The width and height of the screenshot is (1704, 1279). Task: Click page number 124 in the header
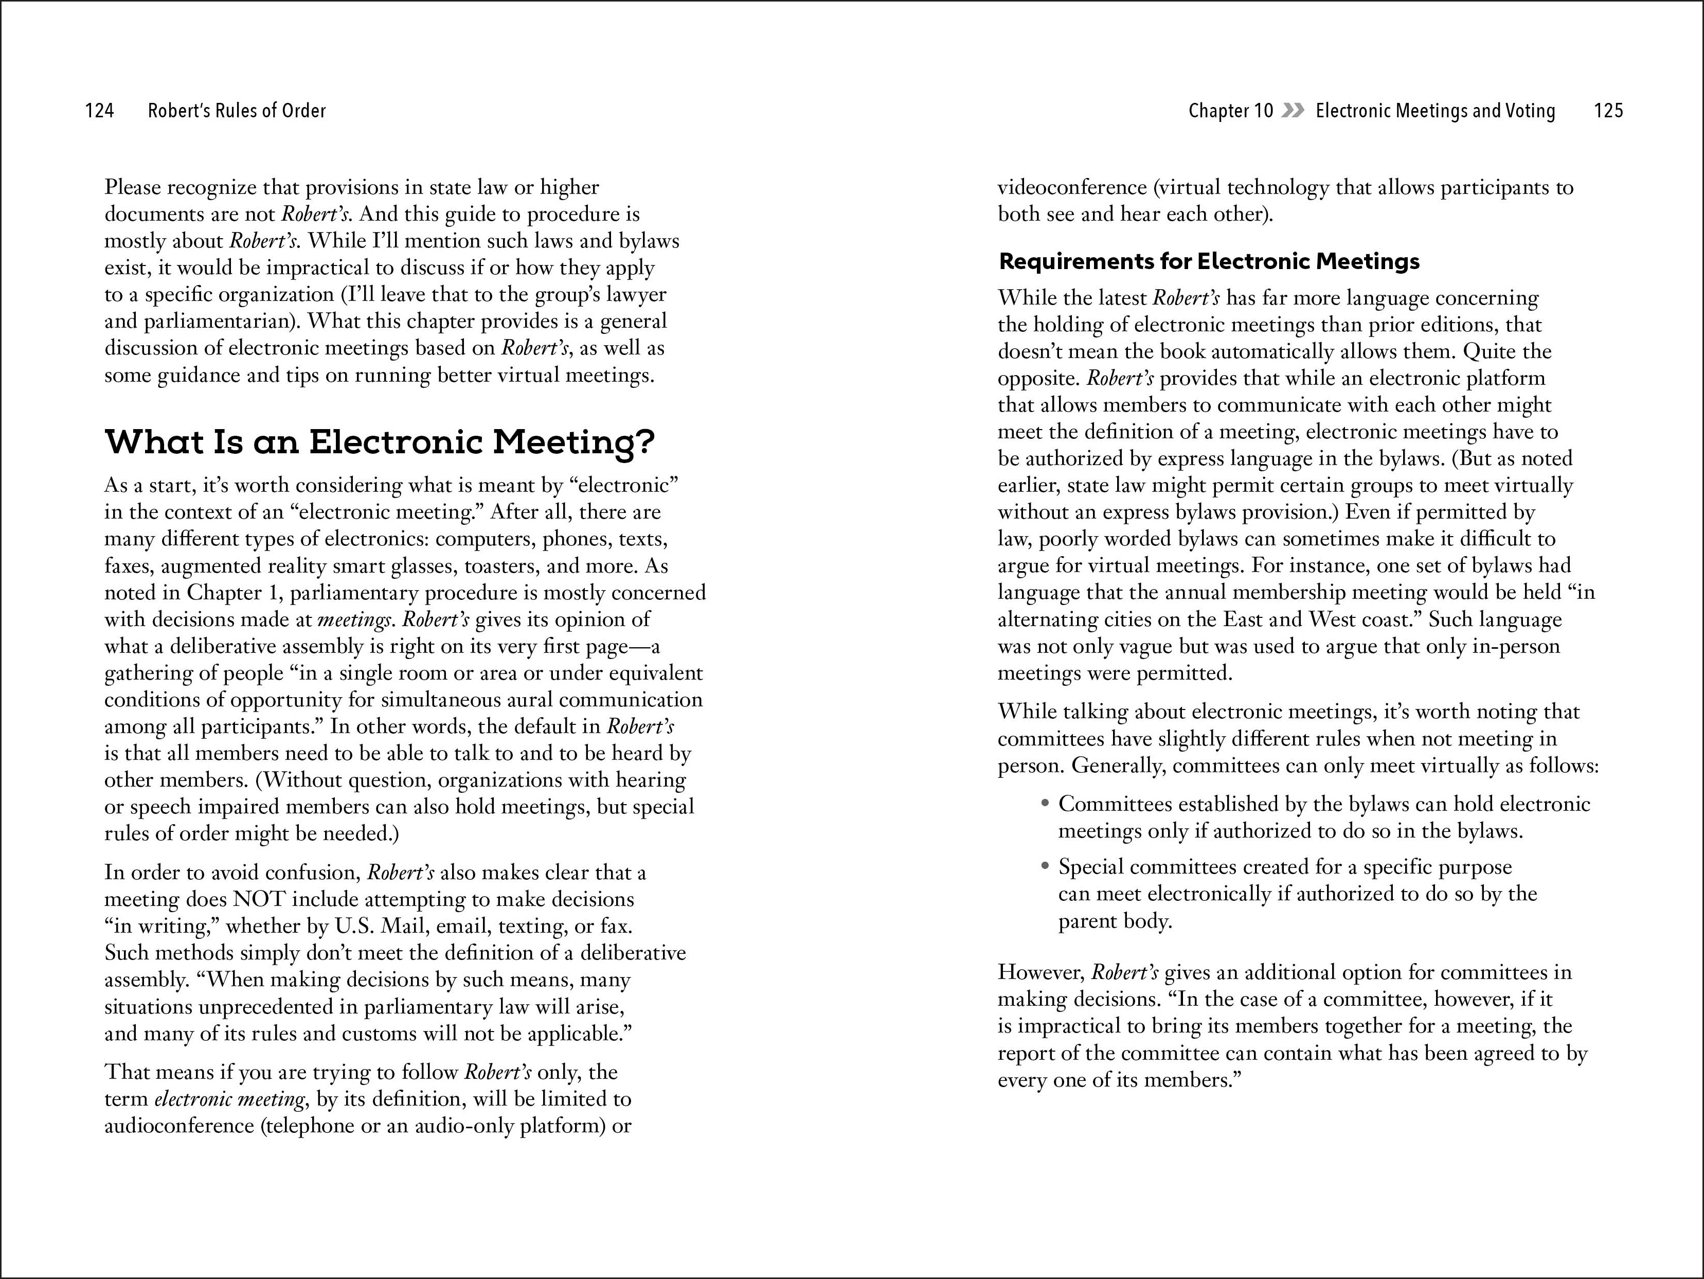click(99, 111)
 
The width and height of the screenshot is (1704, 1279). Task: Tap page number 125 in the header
click(1608, 111)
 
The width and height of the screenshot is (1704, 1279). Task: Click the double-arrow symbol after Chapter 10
click(1294, 111)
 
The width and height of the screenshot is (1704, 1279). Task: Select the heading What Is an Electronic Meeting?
click(379, 442)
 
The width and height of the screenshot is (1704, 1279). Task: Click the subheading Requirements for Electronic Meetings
click(1209, 262)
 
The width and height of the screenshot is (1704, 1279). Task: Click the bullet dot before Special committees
click(1045, 866)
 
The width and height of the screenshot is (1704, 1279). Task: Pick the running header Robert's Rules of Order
click(237, 111)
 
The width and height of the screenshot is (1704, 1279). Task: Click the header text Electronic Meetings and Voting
click(1434, 111)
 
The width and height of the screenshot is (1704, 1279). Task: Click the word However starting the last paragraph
click(1041, 973)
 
